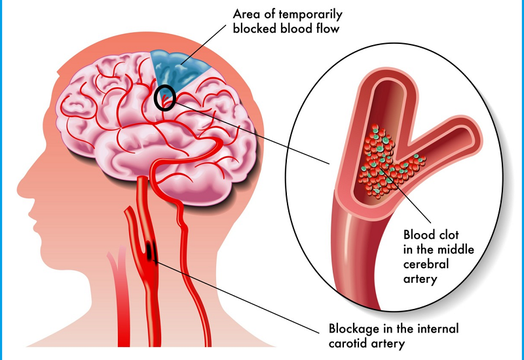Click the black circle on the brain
click(x=165, y=98)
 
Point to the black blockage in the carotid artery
click(x=152, y=251)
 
